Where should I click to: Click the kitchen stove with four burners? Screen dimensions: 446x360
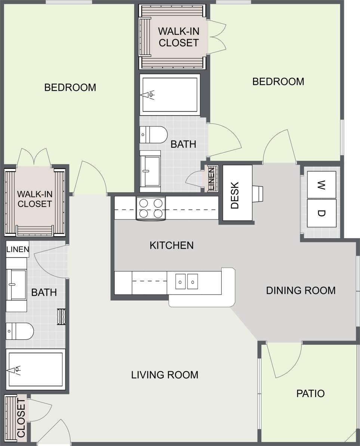click(x=151, y=208)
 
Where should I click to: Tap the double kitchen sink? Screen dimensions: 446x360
click(x=187, y=282)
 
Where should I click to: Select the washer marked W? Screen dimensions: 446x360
click(x=321, y=185)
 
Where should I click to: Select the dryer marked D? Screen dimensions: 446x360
click(x=321, y=213)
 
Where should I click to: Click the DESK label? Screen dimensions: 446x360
click(x=235, y=195)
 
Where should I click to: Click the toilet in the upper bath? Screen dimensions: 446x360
click(x=153, y=135)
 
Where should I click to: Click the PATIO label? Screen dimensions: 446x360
click(x=310, y=393)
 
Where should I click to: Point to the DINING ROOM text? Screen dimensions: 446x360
click(x=301, y=290)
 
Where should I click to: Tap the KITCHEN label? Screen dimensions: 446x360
click(x=172, y=246)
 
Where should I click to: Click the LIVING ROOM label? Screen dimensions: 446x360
click(x=164, y=375)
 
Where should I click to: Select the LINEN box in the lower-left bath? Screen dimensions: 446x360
click(x=18, y=249)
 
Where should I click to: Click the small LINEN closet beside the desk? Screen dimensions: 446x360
click(x=212, y=179)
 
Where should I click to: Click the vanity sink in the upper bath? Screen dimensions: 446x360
click(x=150, y=171)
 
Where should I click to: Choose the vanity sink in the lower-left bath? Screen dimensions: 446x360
click(x=16, y=285)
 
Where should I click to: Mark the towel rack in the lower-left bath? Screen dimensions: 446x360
click(x=61, y=316)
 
